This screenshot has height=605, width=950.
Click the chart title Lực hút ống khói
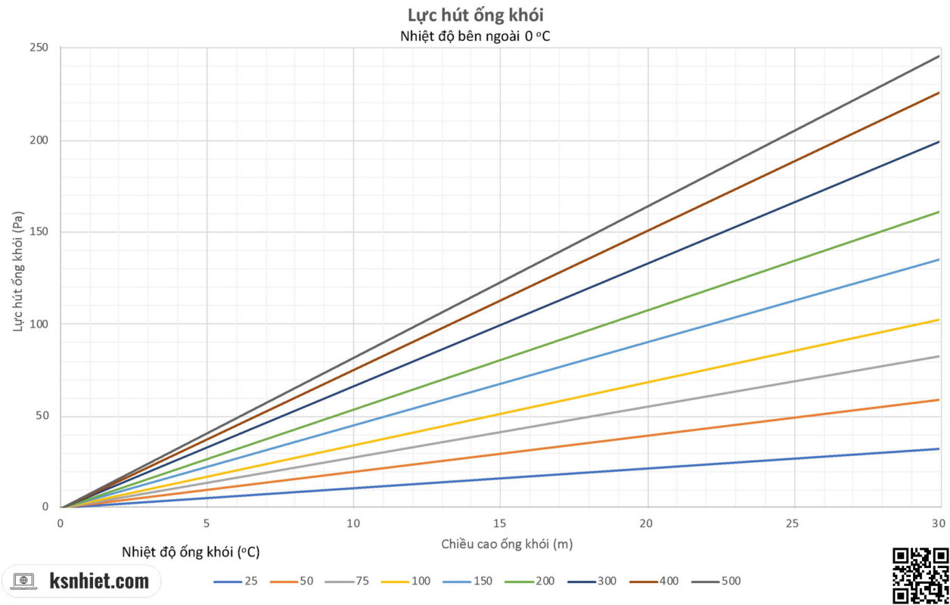tap(475, 14)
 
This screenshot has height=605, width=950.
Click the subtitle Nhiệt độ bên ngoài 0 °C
tap(475, 36)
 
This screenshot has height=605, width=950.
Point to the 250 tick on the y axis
tap(39, 48)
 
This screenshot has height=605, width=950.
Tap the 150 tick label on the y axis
tap(39, 232)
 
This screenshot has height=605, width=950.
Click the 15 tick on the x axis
tap(499, 523)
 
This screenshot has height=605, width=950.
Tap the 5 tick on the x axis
tap(206, 523)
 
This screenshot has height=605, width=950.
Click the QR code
tap(921, 576)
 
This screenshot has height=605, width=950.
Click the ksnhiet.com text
tap(99, 582)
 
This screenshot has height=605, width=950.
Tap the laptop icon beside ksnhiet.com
tap(25, 582)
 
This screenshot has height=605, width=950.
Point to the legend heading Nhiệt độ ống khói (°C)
tap(191, 552)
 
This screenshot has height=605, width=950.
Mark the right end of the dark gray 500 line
tap(939, 57)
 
